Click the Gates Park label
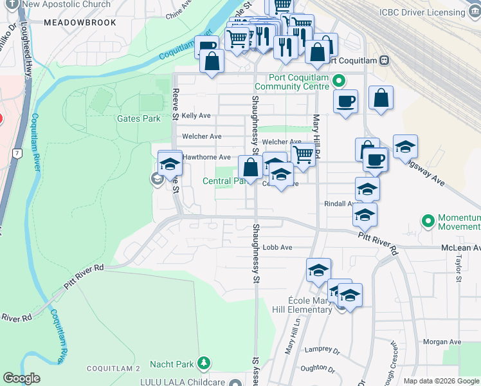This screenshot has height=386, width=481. (x=138, y=118)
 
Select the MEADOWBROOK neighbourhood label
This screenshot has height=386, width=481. (x=80, y=23)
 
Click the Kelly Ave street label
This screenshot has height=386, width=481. (x=196, y=116)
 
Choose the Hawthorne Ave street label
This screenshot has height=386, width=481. (x=206, y=157)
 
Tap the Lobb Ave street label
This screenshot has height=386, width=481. (x=278, y=247)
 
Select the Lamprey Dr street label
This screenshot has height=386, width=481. (x=323, y=351)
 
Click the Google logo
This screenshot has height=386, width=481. (x=22, y=378)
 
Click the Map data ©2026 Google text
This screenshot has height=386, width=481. (x=441, y=381)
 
